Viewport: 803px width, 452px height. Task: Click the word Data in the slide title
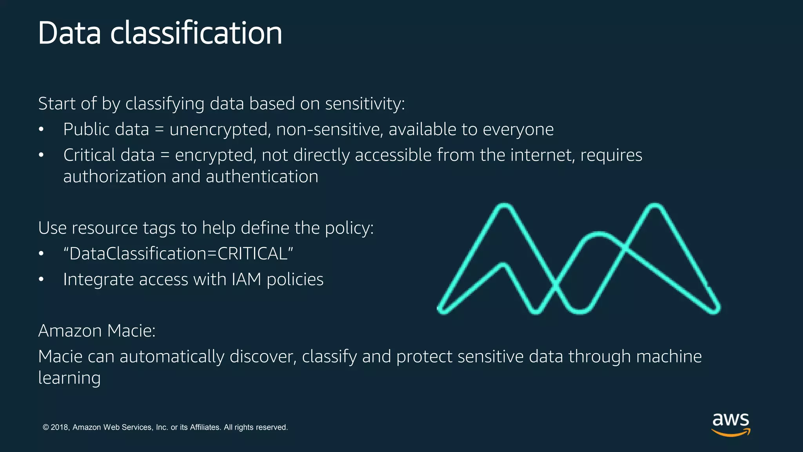point(69,33)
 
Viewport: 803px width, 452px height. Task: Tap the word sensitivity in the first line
point(365,104)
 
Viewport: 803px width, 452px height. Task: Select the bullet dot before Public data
point(41,129)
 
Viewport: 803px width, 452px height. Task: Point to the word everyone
point(518,129)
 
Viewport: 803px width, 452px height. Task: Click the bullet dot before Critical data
point(41,155)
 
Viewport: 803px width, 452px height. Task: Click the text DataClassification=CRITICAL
point(178,253)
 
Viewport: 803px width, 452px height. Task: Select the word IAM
point(246,279)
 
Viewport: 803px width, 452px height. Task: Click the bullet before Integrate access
point(41,279)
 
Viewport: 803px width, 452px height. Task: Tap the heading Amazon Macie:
point(97,331)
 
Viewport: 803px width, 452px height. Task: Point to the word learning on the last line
point(69,378)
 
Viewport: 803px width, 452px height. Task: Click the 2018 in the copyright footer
point(60,427)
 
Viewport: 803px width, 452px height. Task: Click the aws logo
point(731,424)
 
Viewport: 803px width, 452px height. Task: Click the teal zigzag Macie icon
point(578,259)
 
